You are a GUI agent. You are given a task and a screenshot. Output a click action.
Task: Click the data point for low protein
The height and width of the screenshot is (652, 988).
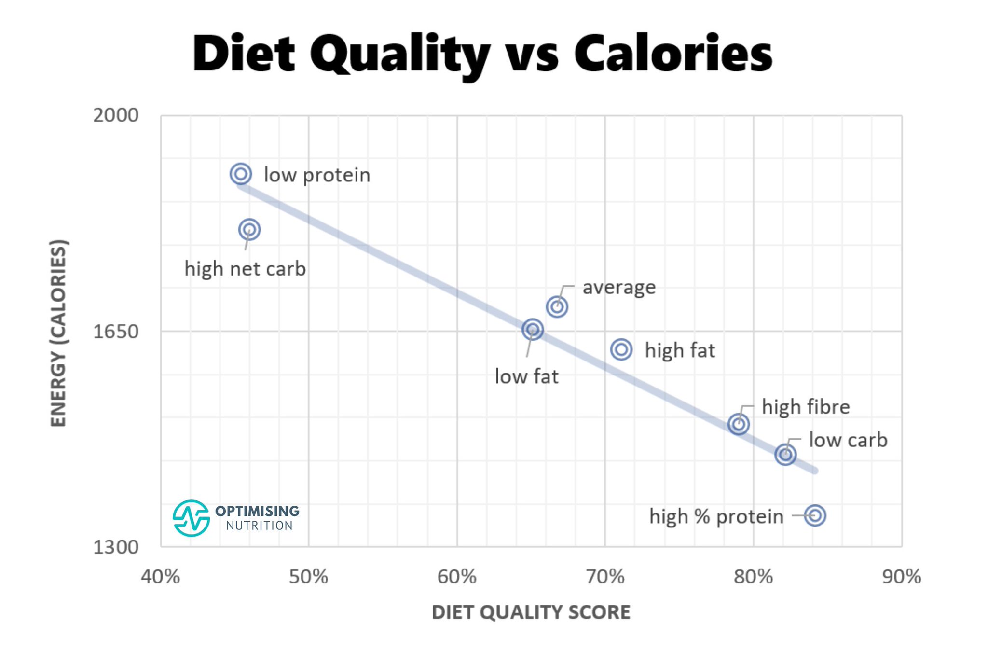pos(241,174)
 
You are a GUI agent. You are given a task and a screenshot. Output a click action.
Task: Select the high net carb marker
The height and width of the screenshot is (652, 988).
pos(249,229)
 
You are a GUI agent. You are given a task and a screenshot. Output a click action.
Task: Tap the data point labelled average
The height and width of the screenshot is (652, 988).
pos(557,306)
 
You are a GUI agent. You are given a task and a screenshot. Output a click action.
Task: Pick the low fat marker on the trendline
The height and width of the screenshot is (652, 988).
pos(533,330)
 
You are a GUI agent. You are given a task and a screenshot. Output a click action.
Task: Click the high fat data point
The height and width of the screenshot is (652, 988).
pos(621,349)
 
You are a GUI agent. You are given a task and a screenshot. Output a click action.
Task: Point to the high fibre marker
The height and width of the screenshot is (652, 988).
pos(738,424)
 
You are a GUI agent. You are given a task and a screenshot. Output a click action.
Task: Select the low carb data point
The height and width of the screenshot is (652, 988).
pos(785,454)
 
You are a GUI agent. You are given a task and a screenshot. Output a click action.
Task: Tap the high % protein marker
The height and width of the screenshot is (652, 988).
pos(815,515)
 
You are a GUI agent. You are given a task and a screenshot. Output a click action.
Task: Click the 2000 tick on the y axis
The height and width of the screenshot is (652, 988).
pos(116,115)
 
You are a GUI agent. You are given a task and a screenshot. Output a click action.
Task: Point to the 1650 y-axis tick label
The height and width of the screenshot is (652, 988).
pos(116,332)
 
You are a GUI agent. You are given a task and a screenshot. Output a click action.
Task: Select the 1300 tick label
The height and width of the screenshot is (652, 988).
pos(116,547)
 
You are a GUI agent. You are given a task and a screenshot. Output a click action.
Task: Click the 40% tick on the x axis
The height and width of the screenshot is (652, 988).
pos(160,577)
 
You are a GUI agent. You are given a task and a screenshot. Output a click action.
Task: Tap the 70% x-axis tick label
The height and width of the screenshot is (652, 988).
pos(605,577)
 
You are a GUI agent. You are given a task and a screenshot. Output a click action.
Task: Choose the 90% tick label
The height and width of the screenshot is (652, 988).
pos(901,577)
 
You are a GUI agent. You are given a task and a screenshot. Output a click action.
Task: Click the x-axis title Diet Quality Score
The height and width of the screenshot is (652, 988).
pos(531,612)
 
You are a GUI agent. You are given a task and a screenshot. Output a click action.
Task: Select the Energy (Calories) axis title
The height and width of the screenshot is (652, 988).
pos(58,333)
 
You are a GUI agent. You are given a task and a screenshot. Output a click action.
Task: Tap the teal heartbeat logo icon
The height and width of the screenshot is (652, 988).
pos(191,518)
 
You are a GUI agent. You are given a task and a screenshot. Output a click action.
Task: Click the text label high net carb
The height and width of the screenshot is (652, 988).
pos(245,269)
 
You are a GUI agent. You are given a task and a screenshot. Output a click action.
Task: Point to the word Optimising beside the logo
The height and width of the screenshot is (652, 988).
pos(257,511)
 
